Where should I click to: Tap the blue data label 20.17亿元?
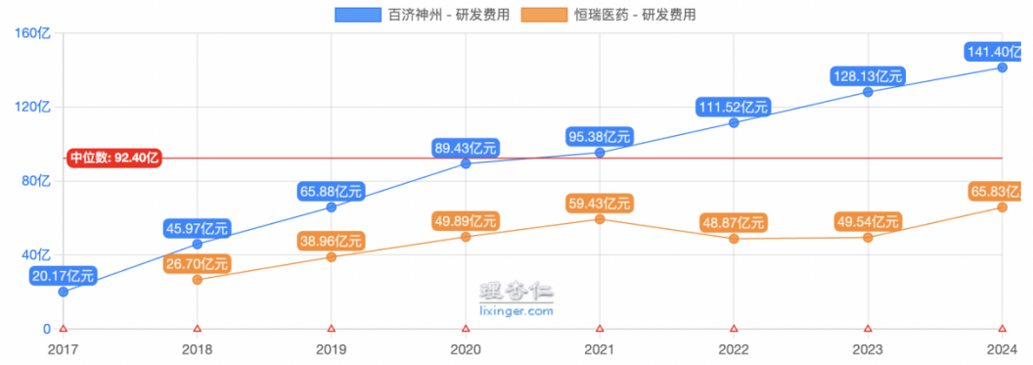(63, 275)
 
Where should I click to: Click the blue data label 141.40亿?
(996, 51)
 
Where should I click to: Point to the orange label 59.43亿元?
(600, 204)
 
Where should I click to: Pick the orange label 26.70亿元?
(197, 263)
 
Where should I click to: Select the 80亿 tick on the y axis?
(37, 181)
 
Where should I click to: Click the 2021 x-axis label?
(600, 348)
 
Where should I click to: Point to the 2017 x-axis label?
(63, 348)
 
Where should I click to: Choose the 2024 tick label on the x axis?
(1002, 348)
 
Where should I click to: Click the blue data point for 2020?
(466, 163)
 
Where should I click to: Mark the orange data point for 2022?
(734, 239)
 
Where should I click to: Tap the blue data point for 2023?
(868, 92)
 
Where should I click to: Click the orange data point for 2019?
(332, 256)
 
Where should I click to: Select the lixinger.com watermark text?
(516, 310)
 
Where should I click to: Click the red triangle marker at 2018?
(198, 329)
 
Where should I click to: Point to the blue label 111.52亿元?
(734, 106)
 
